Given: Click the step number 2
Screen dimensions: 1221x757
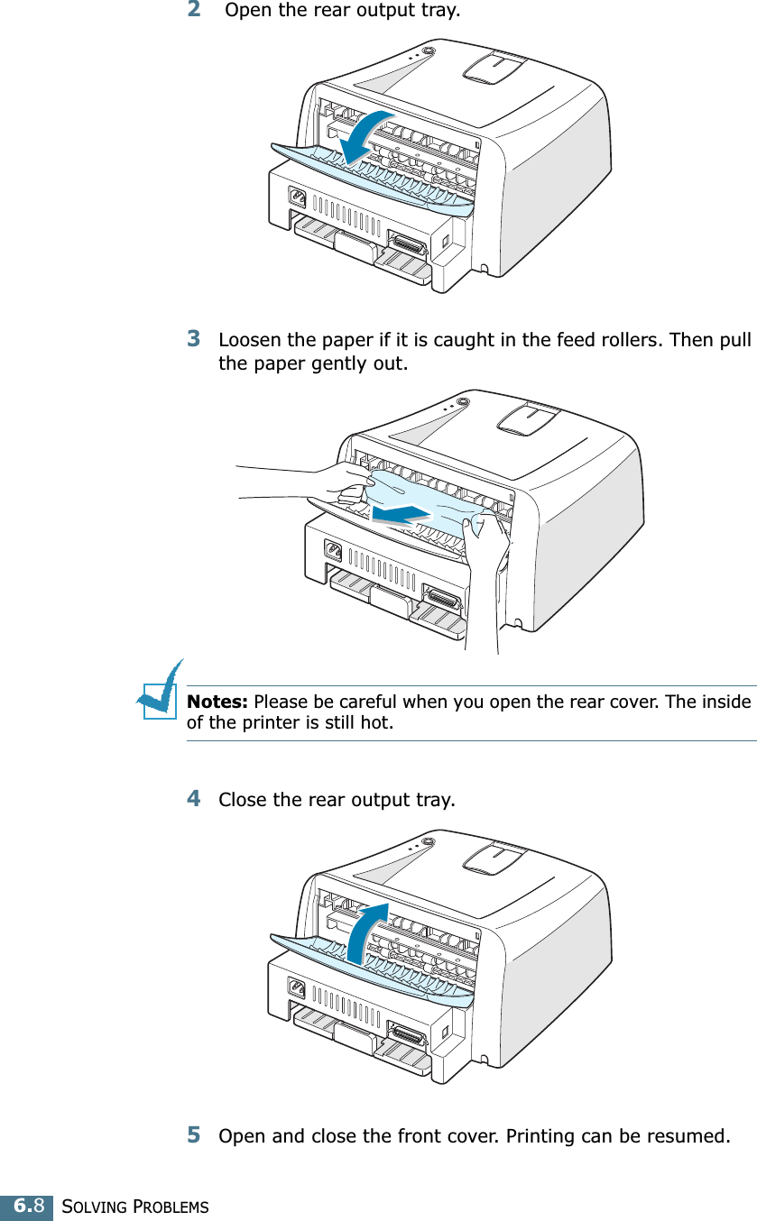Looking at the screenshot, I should click(194, 11).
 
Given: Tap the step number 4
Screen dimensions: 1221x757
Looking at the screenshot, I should click(194, 799).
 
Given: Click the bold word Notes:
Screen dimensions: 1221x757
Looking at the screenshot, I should click(218, 702).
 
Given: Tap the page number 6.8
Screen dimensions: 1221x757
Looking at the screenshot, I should click(26, 1206).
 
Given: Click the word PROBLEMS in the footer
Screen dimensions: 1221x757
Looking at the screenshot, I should click(171, 1207).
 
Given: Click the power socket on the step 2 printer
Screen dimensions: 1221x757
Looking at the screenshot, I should click(295, 196).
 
